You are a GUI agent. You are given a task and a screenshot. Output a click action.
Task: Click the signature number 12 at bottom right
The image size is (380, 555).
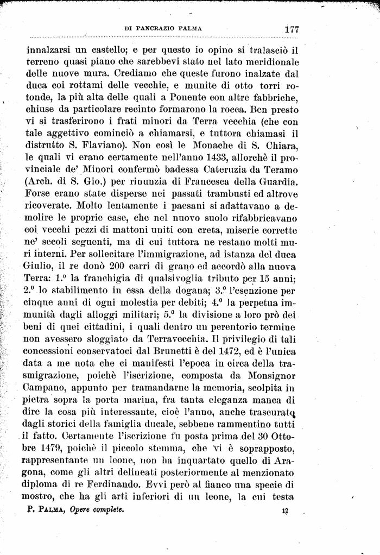pos(285,510)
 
